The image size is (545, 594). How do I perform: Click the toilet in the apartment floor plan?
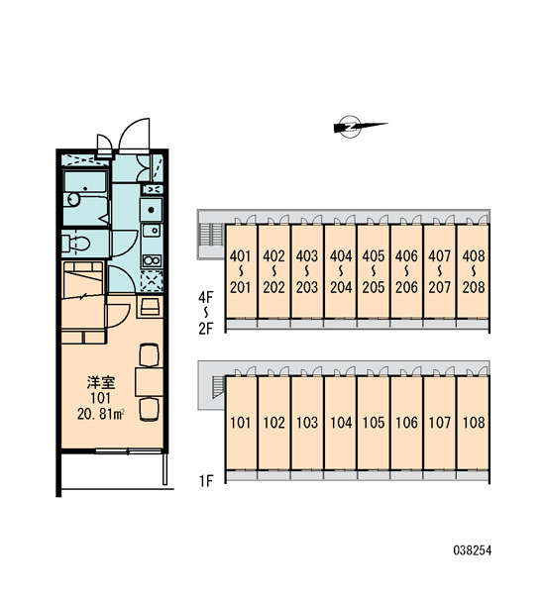pyautogui.click(x=76, y=244)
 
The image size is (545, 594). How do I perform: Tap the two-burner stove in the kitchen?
pyautogui.click(x=152, y=260)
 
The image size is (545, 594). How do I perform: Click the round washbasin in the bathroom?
pyautogui.click(x=72, y=199)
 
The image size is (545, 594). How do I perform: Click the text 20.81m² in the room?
pyautogui.click(x=101, y=414)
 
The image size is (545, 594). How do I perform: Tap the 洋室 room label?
pyautogui.click(x=101, y=382)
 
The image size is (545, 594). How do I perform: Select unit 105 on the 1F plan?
pyautogui.click(x=374, y=423)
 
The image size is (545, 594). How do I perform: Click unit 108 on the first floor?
pyautogui.click(x=474, y=423)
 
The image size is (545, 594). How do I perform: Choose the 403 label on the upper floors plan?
pyautogui.click(x=307, y=256)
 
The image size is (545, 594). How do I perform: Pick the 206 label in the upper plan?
pyautogui.click(x=406, y=287)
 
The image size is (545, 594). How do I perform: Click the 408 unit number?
pyautogui.click(x=474, y=256)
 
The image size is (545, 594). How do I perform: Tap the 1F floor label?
pyautogui.click(x=206, y=481)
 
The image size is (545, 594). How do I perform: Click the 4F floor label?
pyautogui.click(x=206, y=297)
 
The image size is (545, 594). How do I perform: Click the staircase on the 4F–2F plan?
pyautogui.click(x=211, y=234)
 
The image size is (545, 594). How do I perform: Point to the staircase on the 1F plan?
pyautogui.click(x=218, y=387)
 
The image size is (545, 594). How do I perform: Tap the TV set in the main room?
pyautogui.click(x=151, y=307)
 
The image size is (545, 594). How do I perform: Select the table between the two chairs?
pyautogui.click(x=149, y=382)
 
